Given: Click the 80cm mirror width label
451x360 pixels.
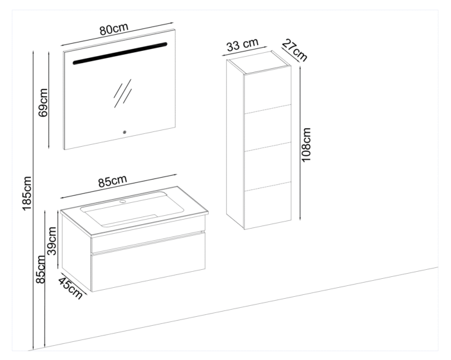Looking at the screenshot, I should click(x=113, y=30).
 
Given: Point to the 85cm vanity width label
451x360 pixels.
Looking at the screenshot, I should click(x=112, y=181).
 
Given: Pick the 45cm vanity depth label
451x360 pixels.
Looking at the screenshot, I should click(x=70, y=287).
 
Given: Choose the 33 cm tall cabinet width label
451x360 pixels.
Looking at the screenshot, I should click(x=242, y=45).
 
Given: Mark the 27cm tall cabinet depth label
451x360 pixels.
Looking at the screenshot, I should click(x=294, y=49).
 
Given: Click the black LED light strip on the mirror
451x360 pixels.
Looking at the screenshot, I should click(x=120, y=53).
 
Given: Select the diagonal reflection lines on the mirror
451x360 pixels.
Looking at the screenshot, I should click(x=122, y=93).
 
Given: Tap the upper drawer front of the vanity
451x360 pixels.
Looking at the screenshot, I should click(x=148, y=240).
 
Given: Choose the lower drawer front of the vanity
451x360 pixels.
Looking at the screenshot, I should click(x=148, y=265).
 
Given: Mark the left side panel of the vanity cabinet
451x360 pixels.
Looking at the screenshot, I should click(x=76, y=248).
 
